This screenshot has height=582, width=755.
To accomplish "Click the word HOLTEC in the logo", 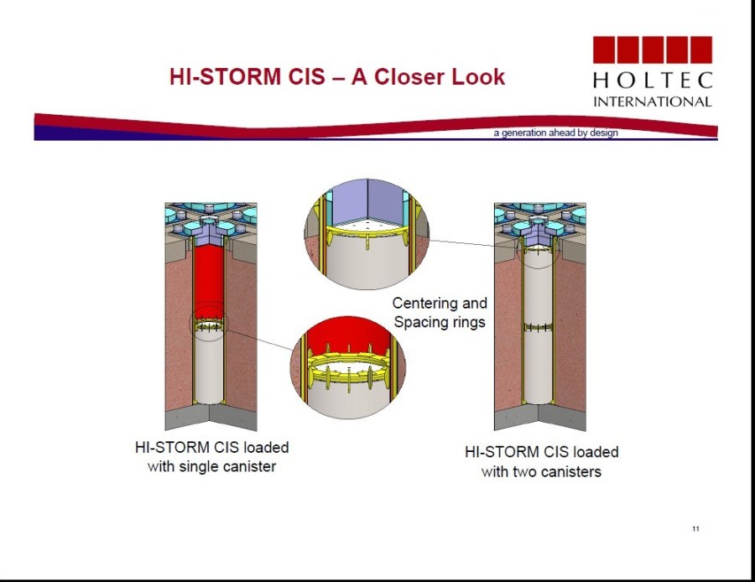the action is coord(653,81).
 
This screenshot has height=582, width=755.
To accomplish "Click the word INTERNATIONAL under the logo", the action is coord(653,101).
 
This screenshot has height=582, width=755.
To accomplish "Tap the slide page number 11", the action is coord(695,528).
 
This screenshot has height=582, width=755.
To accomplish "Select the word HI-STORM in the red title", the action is coord(225,77).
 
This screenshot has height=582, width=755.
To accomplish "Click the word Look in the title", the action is coord(477,77).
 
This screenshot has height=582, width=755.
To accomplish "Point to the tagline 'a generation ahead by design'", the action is coord(555,133).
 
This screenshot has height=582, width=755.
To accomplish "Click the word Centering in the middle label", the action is coord(424,304).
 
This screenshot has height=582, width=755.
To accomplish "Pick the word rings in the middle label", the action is coord(466,322).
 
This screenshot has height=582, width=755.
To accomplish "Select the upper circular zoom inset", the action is coord(367,235).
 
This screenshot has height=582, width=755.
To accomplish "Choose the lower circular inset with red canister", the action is coord(347,367).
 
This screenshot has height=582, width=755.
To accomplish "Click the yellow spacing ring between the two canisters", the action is coord(539,328).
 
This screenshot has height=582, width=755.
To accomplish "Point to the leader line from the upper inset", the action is coord(472,243).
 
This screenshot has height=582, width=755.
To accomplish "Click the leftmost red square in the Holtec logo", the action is coord(604,49).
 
